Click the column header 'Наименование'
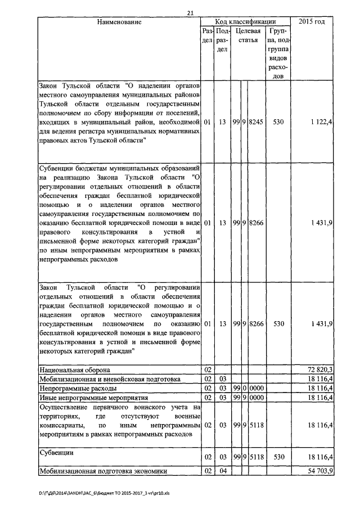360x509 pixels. point(119,22)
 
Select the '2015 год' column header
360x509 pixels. point(313,22)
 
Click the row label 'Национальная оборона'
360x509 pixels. point(74,370)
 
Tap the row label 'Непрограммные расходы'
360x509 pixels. point(77,388)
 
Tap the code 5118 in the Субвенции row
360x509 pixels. point(256,458)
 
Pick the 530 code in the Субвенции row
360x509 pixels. point(278,458)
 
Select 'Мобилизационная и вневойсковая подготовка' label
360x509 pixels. point(109,379)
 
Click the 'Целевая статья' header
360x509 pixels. point(247,35)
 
